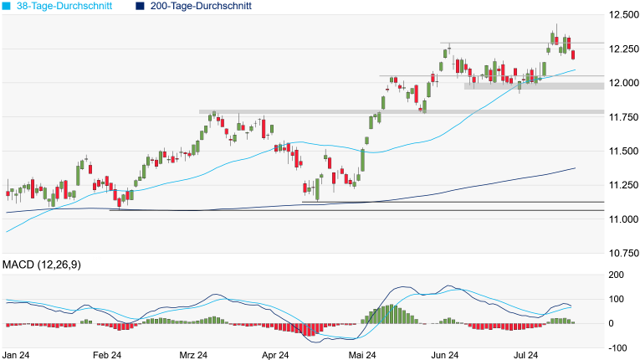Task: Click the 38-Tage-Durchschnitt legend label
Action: [x=63, y=6]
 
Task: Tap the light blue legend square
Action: [x=8, y=6]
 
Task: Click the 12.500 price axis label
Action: [x=623, y=15]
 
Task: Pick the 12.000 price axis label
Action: [x=623, y=83]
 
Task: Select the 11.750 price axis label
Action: [x=623, y=117]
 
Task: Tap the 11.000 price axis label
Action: [x=623, y=219]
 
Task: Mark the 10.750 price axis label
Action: [x=623, y=253]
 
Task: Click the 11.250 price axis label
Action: [x=623, y=185]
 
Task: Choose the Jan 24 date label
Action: [x=16, y=355]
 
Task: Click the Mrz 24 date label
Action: [x=193, y=355]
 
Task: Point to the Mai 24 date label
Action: [x=362, y=355]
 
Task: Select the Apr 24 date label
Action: [x=276, y=355]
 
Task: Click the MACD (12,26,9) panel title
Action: [x=41, y=265]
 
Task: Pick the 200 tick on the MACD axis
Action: [x=617, y=275]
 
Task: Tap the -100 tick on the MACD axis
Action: [x=616, y=347]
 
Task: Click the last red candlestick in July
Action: [x=572, y=54]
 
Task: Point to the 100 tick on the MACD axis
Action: [x=617, y=299]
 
